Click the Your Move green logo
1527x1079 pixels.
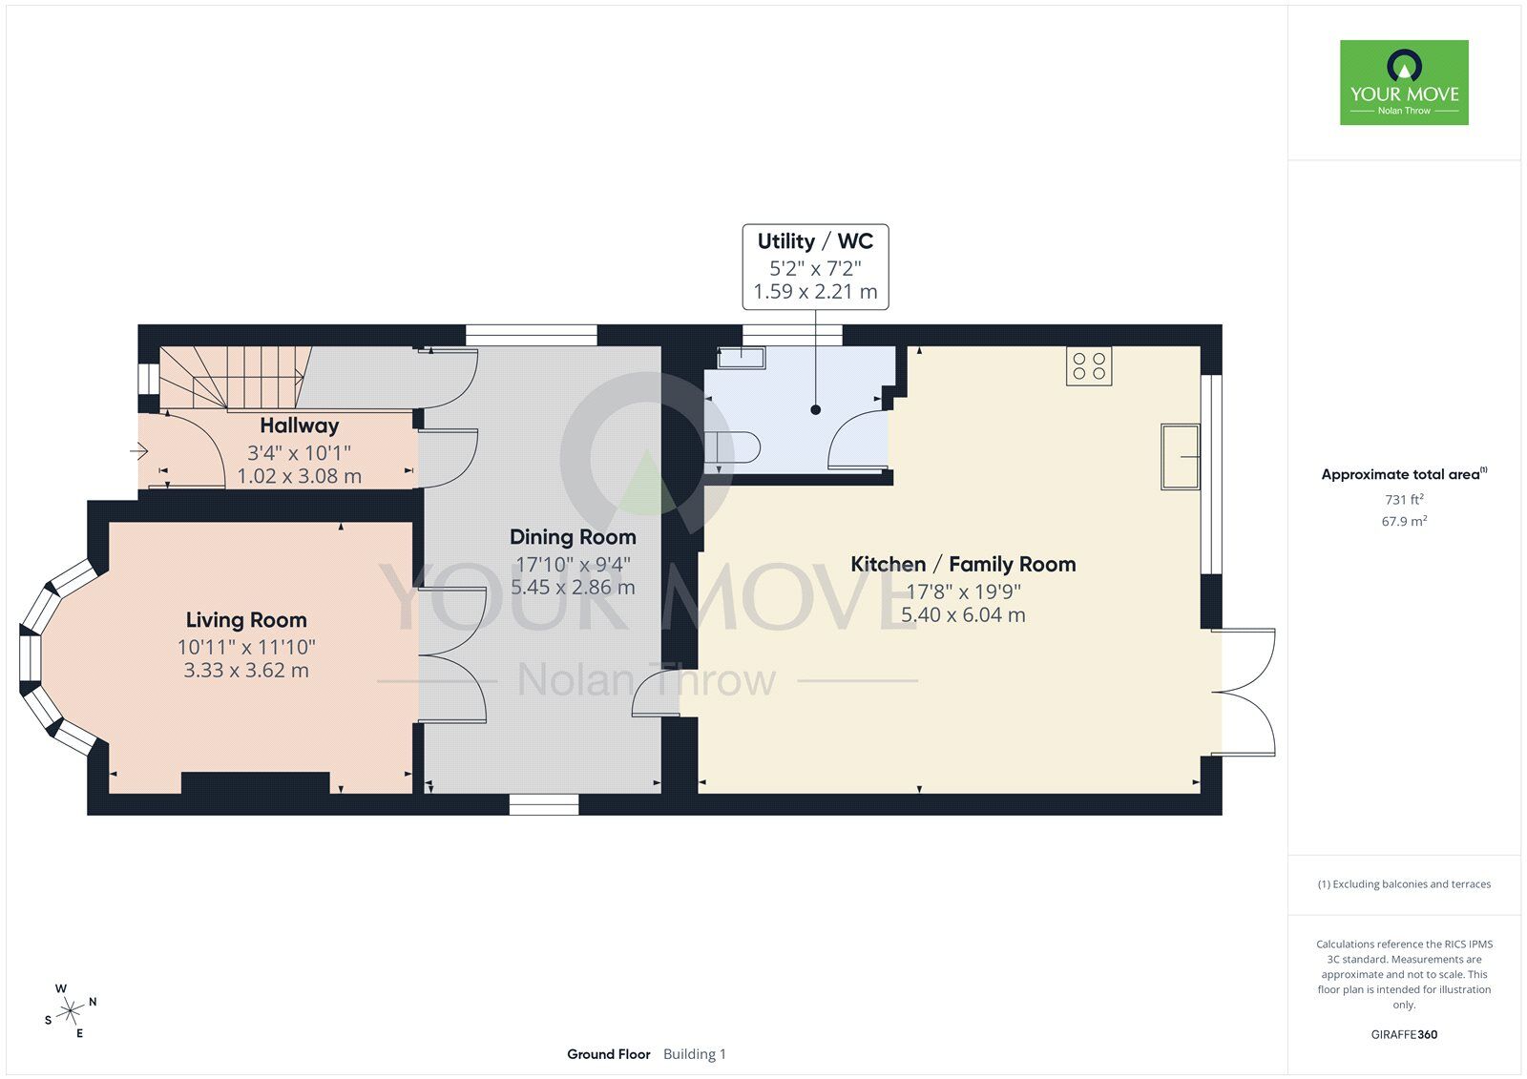[1404, 82]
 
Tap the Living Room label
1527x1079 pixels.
[246, 619]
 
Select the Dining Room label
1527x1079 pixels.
[573, 537]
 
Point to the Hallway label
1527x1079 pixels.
[300, 425]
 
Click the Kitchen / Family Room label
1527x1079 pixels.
[963, 565]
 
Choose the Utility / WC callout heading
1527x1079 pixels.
[815, 241]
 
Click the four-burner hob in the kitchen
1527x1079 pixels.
[1089, 366]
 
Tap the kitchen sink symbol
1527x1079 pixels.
[1180, 456]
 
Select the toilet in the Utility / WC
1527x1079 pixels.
[732, 448]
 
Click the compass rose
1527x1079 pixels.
[71, 1010]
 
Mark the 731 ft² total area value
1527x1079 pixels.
[1404, 499]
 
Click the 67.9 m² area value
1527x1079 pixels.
[1404, 521]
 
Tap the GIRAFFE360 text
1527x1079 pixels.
[1404, 1034]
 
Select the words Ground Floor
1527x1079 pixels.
[608, 1054]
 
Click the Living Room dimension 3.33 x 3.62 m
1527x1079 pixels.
[246, 670]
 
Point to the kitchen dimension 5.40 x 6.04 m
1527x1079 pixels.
[963, 614]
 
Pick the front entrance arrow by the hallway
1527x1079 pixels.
[139, 450]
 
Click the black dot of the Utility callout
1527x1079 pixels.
[815, 409]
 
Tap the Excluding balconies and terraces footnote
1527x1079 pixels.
[1404, 884]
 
